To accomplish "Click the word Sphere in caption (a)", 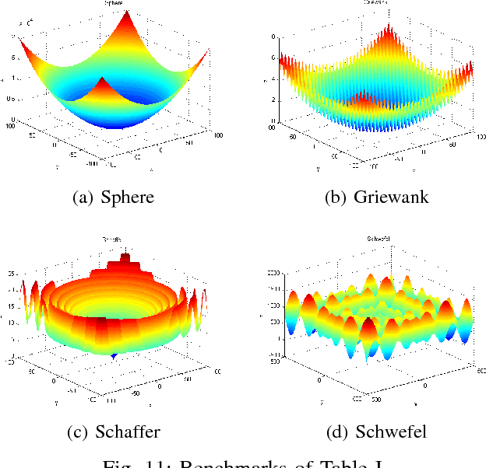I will click(x=128, y=197).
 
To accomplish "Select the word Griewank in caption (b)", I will click(x=391, y=197).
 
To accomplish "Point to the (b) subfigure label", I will click(x=336, y=197).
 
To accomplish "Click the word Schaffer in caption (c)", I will click(x=128, y=431).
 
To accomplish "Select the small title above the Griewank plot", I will click(x=377, y=3).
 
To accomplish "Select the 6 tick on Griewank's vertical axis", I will click(x=272, y=58).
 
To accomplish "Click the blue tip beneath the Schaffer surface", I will click(x=114, y=356).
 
